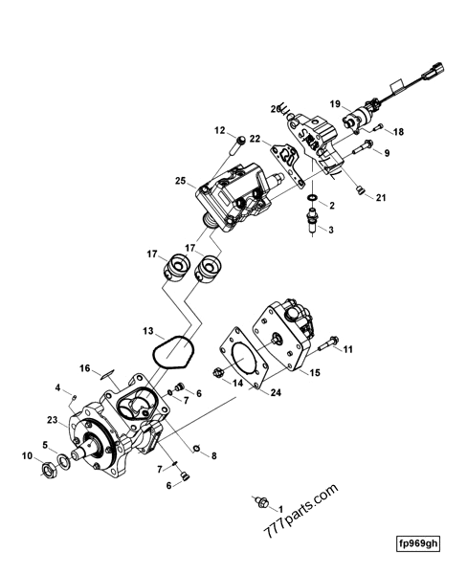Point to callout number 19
[x=336, y=102]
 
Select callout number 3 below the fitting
[x=331, y=231]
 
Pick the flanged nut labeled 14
[x=219, y=374]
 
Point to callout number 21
[x=381, y=198]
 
